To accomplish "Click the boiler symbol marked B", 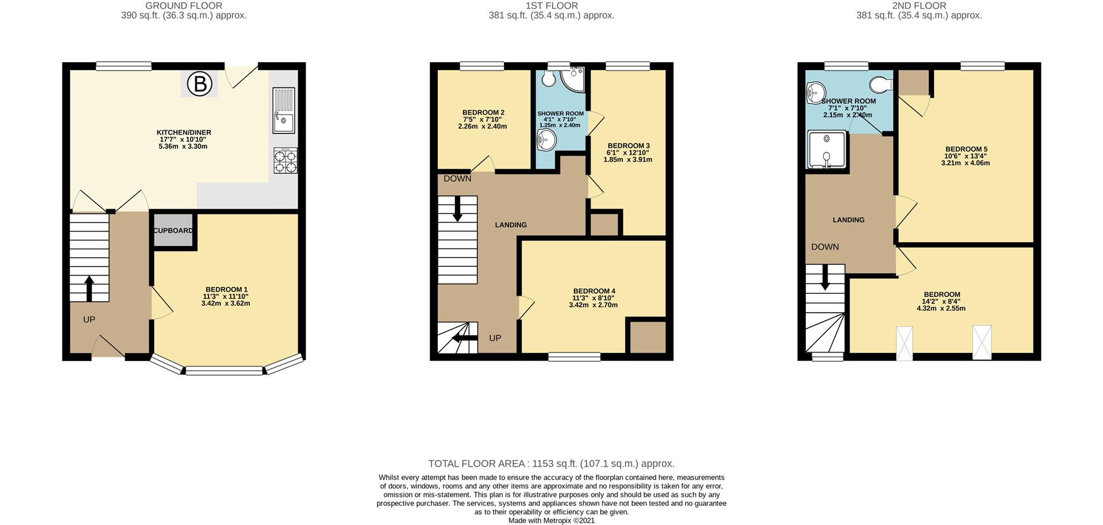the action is tap(200, 84).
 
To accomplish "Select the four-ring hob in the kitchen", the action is tap(286, 160).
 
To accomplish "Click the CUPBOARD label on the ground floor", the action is tap(173, 231).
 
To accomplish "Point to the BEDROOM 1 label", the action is tap(226, 290).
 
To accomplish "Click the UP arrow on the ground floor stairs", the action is tap(89, 289).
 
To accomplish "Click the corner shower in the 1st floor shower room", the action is tap(573, 80).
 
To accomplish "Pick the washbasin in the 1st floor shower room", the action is tap(546, 139).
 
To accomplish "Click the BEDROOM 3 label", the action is tap(628, 146).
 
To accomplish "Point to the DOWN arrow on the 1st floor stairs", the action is tap(458, 209).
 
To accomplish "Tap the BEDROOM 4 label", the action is tap(594, 292).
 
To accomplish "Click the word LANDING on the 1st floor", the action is tap(511, 225).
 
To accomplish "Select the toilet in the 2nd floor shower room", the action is tap(881, 85).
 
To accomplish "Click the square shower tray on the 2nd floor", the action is tap(827, 150).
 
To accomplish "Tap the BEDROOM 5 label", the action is tap(966, 150).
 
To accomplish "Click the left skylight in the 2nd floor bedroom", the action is tap(904, 343).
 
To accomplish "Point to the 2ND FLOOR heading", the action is tap(919, 6).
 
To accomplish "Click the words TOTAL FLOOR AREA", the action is tap(476, 463).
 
